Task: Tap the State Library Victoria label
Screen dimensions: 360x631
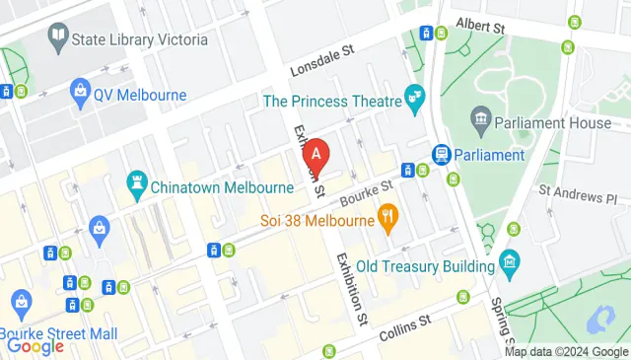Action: coord(140,39)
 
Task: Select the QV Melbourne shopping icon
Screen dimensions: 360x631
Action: coord(80,95)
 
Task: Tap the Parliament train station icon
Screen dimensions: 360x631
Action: coord(441,155)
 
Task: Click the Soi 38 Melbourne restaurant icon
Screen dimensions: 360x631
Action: coord(388,218)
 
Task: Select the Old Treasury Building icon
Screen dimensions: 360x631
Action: coord(509,263)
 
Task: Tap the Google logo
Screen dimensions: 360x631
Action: coord(35,346)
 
